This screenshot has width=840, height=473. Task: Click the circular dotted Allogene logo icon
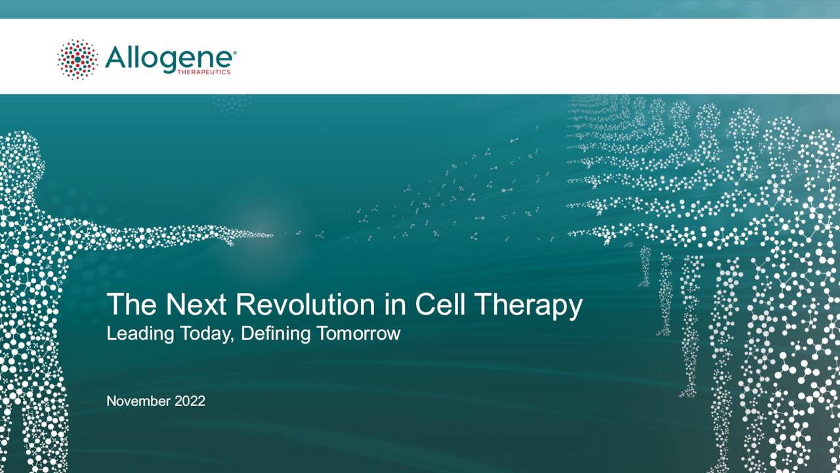click(77, 59)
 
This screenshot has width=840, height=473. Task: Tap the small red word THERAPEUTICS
click(204, 72)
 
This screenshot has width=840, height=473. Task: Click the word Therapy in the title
click(528, 306)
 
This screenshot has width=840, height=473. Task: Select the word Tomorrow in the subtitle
click(358, 333)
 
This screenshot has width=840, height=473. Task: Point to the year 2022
click(190, 401)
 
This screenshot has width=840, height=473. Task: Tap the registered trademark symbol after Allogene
click(234, 51)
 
